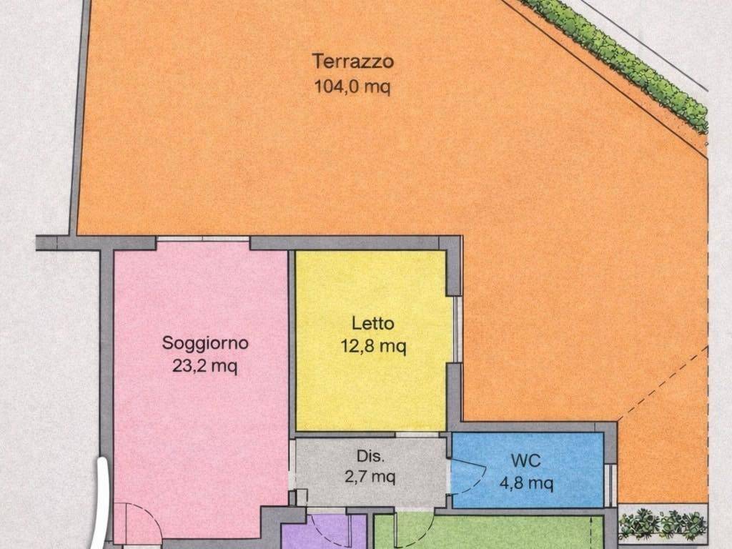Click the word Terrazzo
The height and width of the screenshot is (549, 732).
coord(352,61)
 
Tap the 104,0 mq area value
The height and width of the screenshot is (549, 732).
coord(352,87)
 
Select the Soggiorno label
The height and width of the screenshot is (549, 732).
coord(205,343)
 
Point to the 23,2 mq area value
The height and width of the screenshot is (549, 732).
coord(205,367)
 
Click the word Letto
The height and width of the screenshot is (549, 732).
coord(372,323)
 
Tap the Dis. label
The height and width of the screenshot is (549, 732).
coord(371,456)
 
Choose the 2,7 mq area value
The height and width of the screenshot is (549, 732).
coord(371,476)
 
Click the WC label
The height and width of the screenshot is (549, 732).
coord(525,460)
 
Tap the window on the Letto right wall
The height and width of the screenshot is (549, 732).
coord(457,329)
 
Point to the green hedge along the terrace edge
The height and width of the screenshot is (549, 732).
coord(622,61)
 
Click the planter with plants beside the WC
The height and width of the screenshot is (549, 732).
coord(662,525)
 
